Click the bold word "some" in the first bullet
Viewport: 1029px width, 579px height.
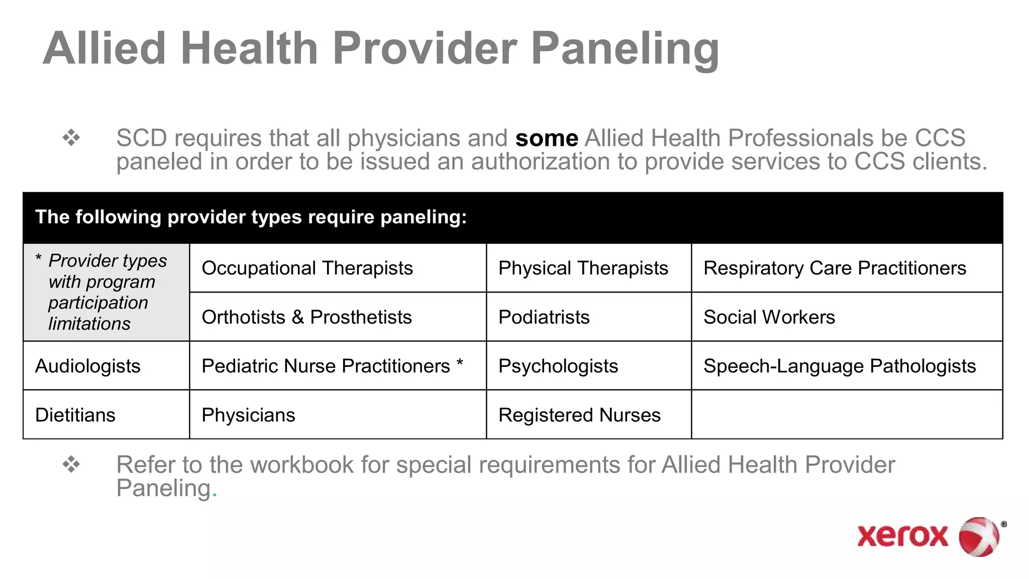(547, 138)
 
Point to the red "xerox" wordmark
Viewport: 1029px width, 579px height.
(902, 536)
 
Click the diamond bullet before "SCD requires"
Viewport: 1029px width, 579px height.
(71, 138)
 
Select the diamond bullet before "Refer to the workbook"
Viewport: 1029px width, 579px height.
(71, 464)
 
